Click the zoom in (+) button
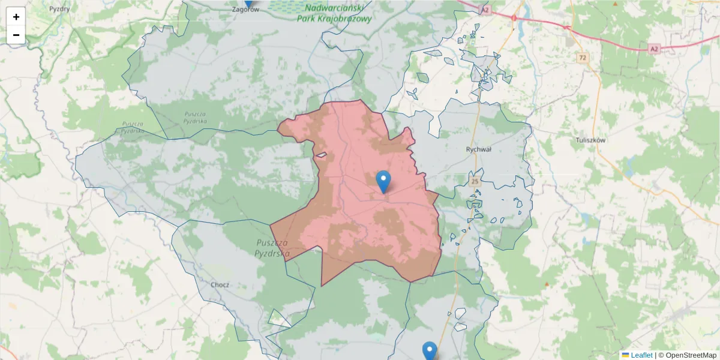point(16,17)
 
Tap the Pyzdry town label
point(59,9)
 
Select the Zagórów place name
point(248,10)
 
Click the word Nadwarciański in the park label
point(335,8)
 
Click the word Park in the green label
point(306,19)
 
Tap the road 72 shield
point(582,58)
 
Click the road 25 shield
point(475,181)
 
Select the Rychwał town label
point(478,149)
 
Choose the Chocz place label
point(220,284)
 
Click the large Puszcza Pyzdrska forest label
point(272,248)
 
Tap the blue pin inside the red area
point(383,181)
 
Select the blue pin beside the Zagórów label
point(249,2)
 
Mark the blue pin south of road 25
point(430,350)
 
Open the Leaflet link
point(641,355)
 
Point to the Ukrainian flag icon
point(625,355)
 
